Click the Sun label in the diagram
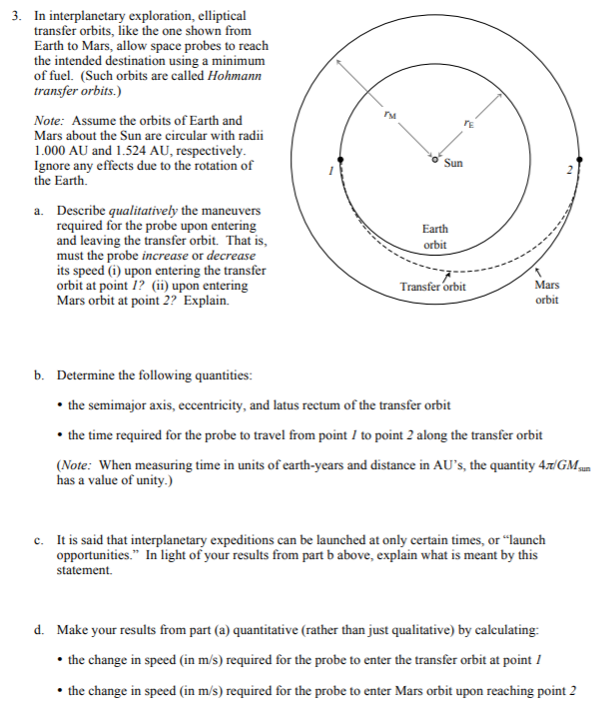point(453,163)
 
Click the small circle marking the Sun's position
point(435,157)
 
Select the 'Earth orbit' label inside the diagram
point(435,237)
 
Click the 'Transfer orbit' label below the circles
point(432,287)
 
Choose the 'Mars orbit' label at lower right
point(547,292)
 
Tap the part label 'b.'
point(39,375)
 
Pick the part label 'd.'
point(39,631)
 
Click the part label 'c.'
point(39,540)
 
